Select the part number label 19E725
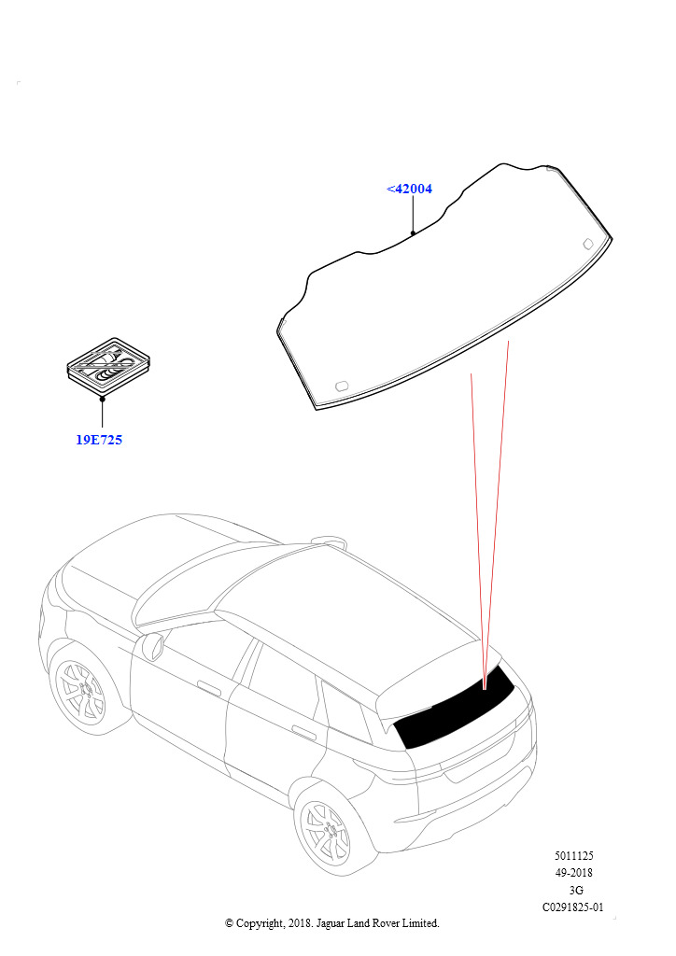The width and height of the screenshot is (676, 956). pyautogui.click(x=99, y=440)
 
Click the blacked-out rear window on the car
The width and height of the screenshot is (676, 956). pyautogui.click(x=454, y=708)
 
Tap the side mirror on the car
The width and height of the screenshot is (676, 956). pyautogui.click(x=152, y=647)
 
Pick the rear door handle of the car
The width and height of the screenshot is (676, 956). pyautogui.click(x=304, y=732)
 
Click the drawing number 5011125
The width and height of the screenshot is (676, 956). pyautogui.click(x=573, y=856)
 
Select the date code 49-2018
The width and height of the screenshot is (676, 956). pyautogui.click(x=573, y=873)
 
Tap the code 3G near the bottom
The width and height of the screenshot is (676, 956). pyautogui.click(x=575, y=890)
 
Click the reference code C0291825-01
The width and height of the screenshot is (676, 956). pyautogui.click(x=573, y=907)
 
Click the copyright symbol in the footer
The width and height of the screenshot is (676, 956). pyautogui.click(x=229, y=923)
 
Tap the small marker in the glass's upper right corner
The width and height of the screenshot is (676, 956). pyautogui.click(x=588, y=244)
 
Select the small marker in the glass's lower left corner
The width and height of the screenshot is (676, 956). pyautogui.click(x=342, y=386)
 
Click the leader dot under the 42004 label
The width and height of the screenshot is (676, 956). pyautogui.click(x=413, y=232)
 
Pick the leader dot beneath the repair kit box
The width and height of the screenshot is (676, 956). pyautogui.click(x=103, y=399)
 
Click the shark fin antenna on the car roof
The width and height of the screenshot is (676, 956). pyautogui.click(x=328, y=540)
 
